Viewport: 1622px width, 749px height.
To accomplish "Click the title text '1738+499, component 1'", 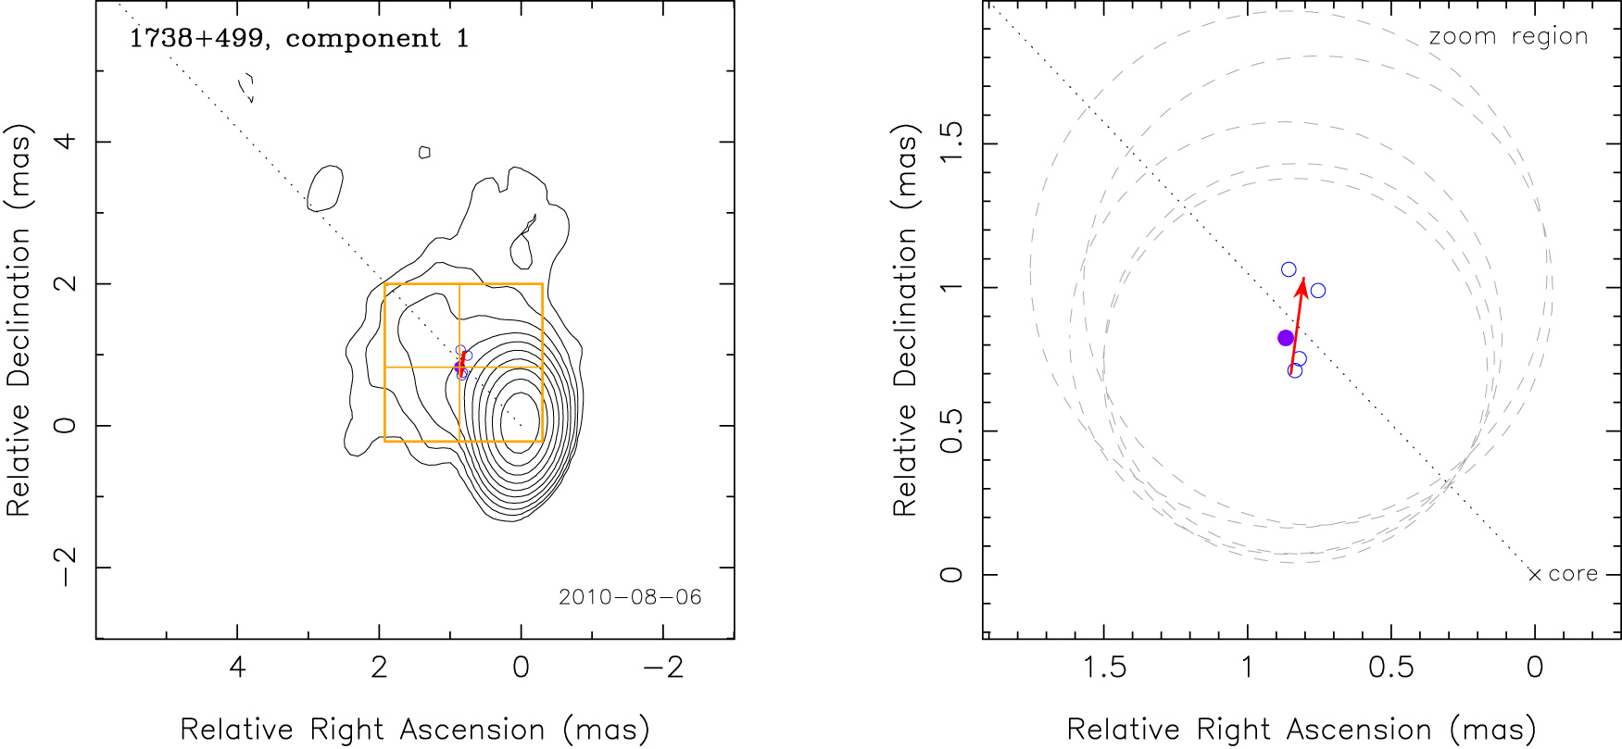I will (x=298, y=39).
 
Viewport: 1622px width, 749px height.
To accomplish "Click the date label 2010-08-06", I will (x=630, y=597).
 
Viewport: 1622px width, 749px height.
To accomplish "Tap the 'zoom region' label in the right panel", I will (x=1508, y=37).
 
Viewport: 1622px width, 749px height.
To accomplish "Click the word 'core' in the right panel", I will (x=1573, y=574).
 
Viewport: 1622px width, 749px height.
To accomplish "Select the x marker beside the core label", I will (x=1535, y=575).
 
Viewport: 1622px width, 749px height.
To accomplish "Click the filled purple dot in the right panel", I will (x=1286, y=338).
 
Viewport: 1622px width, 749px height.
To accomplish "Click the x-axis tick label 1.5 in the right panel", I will (x=1104, y=668).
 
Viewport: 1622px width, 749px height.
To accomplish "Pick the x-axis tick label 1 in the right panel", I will (x=1247, y=668).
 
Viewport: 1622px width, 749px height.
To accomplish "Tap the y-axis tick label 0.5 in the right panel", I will (x=951, y=431).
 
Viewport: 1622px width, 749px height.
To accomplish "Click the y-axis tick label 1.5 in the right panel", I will (x=951, y=144).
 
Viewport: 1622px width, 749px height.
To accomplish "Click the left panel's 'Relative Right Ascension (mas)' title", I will (x=414, y=730).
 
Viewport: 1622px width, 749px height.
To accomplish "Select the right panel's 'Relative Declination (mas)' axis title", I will (x=905, y=319).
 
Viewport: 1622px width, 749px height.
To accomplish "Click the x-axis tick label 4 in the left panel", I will (x=237, y=668).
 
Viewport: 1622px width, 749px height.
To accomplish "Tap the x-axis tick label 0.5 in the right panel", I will (x=1391, y=668).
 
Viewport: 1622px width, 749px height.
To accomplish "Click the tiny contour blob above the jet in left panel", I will (x=424, y=152).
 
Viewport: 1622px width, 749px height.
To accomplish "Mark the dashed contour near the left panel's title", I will (x=246, y=88).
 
